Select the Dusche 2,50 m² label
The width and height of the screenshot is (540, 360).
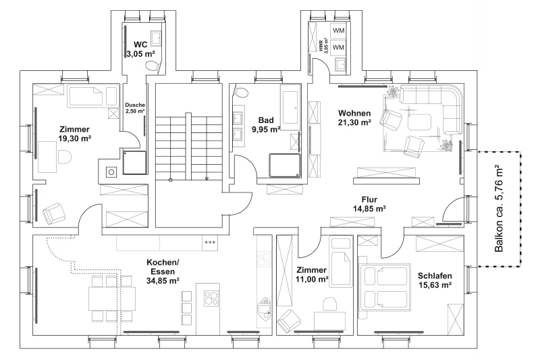click(x=136, y=108)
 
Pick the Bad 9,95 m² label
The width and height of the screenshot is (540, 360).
click(x=265, y=124)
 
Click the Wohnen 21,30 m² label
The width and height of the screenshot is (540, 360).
click(x=355, y=118)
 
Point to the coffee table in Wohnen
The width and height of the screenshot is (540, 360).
click(x=420, y=122)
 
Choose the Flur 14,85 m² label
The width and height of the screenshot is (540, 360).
click(x=369, y=204)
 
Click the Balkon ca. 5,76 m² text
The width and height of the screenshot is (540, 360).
click(x=500, y=209)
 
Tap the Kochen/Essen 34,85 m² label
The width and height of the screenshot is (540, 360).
click(x=163, y=271)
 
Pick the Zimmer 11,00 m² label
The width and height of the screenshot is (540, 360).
click(x=312, y=274)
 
